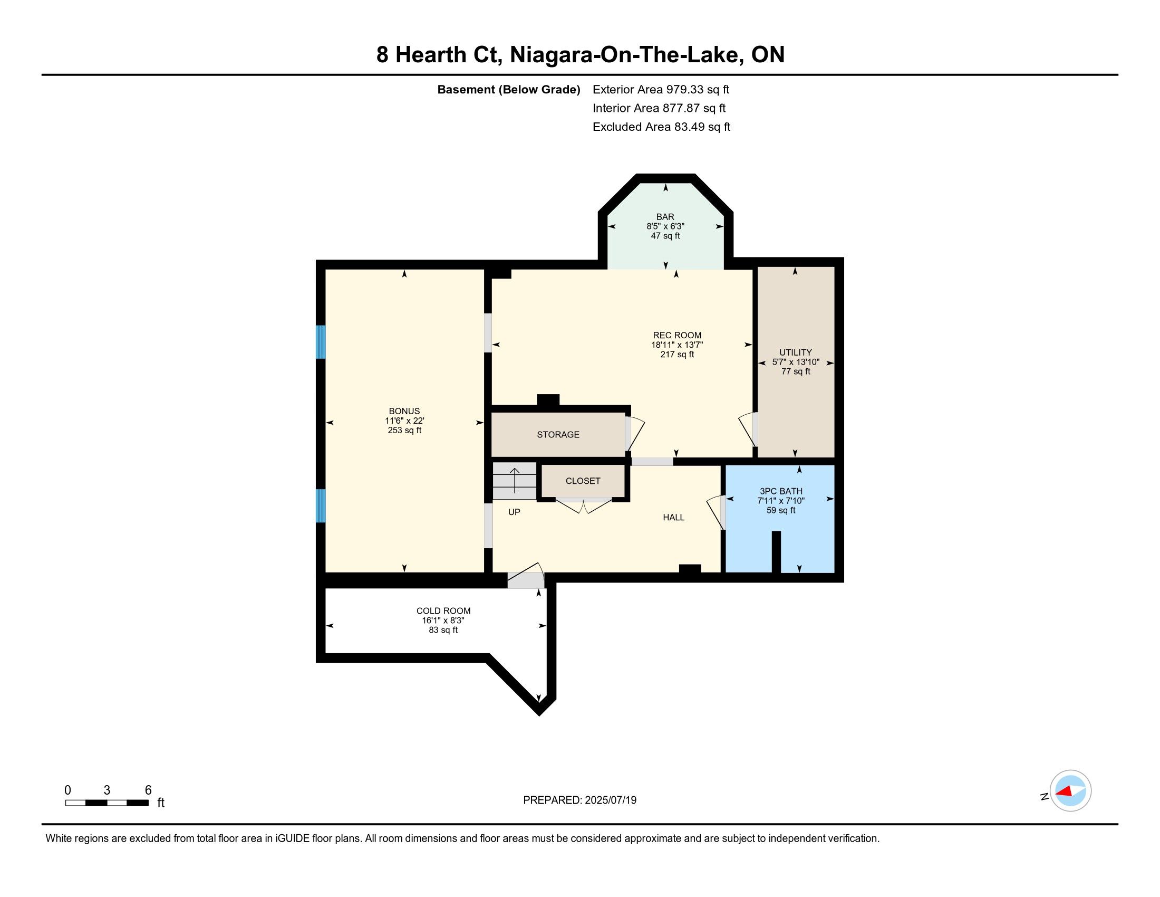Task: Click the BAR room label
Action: (665, 217)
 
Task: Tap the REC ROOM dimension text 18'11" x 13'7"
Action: (677, 345)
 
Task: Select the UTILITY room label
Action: (795, 352)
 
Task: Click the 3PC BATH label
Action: (781, 491)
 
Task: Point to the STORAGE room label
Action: (558, 435)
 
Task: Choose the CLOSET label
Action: (583, 481)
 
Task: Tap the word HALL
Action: (673, 518)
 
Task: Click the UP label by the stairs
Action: (514, 512)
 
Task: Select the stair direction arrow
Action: (514, 480)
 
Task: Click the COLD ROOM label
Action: (443, 611)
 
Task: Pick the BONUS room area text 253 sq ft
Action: (404, 431)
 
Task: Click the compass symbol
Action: (1070, 791)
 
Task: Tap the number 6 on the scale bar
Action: (148, 790)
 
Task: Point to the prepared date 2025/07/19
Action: (610, 800)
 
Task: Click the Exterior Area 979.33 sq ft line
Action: (661, 89)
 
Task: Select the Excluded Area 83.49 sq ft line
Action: (661, 127)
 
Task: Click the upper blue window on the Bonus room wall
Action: (320, 342)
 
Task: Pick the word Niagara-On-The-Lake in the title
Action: (626, 55)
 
